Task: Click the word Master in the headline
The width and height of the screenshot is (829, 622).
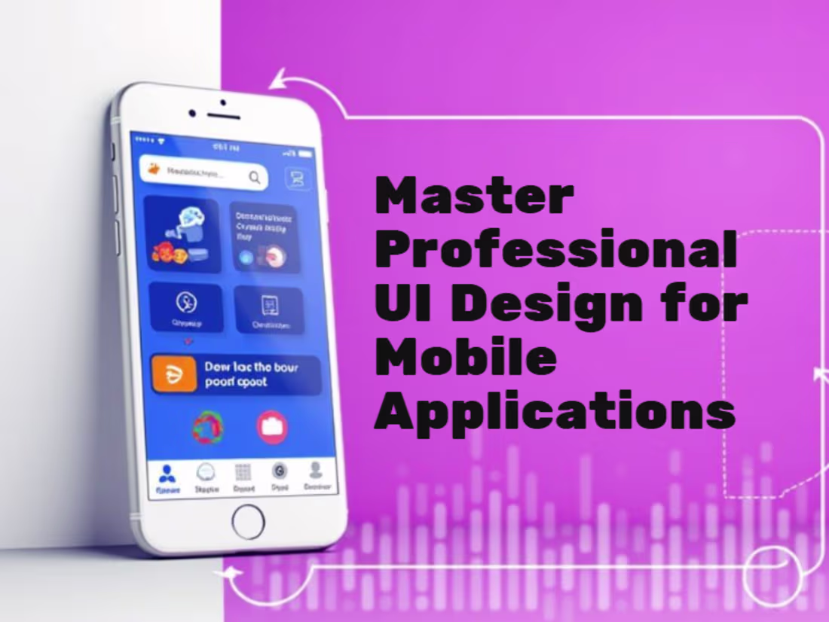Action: point(474,197)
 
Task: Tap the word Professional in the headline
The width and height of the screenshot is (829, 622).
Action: point(556,251)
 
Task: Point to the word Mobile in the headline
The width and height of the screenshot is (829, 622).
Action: point(466,359)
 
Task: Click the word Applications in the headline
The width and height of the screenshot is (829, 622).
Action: point(555,412)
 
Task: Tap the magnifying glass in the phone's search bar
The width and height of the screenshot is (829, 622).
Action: point(255,178)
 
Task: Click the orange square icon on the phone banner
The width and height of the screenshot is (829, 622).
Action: point(174,374)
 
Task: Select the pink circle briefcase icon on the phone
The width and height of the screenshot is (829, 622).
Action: point(272,426)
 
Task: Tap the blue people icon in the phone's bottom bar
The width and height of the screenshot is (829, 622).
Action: point(167,474)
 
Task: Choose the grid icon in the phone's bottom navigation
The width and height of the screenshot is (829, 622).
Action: point(243,472)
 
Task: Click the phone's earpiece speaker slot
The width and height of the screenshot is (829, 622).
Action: point(224,117)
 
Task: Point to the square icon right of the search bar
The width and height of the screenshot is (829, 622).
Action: point(297,178)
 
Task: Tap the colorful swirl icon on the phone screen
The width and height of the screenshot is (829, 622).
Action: point(207,427)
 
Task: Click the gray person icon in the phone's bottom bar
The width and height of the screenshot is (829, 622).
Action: point(316,471)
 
